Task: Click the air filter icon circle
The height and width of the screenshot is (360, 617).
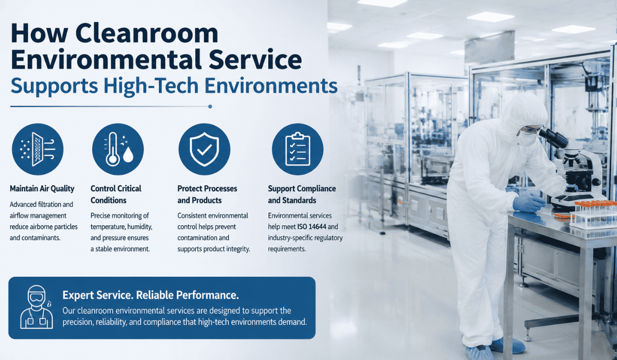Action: [x=38, y=149]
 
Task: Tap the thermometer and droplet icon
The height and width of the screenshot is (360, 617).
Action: [x=118, y=149]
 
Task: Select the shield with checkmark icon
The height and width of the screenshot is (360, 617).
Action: [x=204, y=149]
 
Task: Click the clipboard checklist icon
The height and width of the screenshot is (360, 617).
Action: [x=298, y=149]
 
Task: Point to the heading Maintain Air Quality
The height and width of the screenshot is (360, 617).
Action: [x=42, y=189]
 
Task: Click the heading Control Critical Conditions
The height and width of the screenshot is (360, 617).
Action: [x=116, y=194]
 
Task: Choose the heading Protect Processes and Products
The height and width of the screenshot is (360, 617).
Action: [x=207, y=194]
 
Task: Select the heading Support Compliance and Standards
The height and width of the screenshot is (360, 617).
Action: [x=302, y=194]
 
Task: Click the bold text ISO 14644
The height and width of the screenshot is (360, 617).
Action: [x=312, y=227]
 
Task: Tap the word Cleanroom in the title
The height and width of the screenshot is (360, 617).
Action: [x=147, y=33]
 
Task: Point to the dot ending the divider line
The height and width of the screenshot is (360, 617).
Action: [x=210, y=106]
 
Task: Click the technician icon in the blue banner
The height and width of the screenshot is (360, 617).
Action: [x=37, y=307]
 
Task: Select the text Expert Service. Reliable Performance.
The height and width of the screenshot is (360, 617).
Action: [x=151, y=295]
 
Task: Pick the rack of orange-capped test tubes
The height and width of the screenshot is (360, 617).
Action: [x=595, y=215]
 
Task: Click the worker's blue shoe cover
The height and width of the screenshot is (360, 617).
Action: [x=479, y=353]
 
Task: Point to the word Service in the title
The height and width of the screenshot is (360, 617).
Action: [x=255, y=60]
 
